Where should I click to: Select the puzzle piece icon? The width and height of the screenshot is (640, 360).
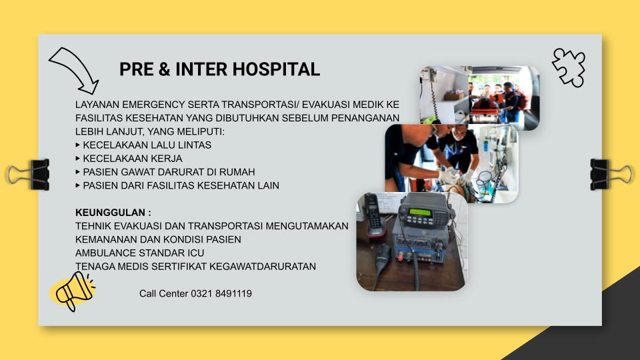click(569, 67)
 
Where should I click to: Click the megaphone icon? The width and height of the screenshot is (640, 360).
click(73, 291)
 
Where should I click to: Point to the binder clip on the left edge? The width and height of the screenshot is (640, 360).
click(29, 175)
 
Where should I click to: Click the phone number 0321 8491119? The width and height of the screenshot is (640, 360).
click(221, 293)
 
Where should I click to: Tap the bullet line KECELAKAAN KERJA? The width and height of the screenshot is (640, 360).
click(133, 159)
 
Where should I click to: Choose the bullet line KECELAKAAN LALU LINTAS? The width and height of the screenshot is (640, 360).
click(147, 145)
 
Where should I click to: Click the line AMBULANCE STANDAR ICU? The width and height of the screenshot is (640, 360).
click(139, 253)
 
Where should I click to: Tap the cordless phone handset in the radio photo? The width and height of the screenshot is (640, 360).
click(373, 215)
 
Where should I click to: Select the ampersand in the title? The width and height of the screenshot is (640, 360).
click(164, 69)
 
